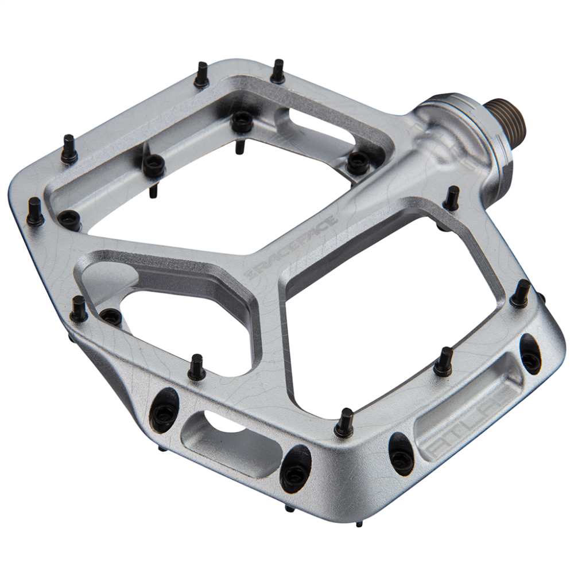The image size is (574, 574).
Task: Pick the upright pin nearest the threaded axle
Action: click(452, 198)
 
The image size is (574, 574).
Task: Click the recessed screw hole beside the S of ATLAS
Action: click(530, 354)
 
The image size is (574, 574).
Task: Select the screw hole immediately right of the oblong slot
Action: click(296, 468)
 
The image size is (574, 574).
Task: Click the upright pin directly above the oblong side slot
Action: click(196, 368)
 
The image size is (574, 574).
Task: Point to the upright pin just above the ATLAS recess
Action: click(443, 362)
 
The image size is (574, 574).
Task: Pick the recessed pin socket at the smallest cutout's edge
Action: click(110, 316)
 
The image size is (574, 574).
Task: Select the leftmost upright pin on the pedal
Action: click(35, 212)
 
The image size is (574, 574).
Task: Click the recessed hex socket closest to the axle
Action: click(358, 162)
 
